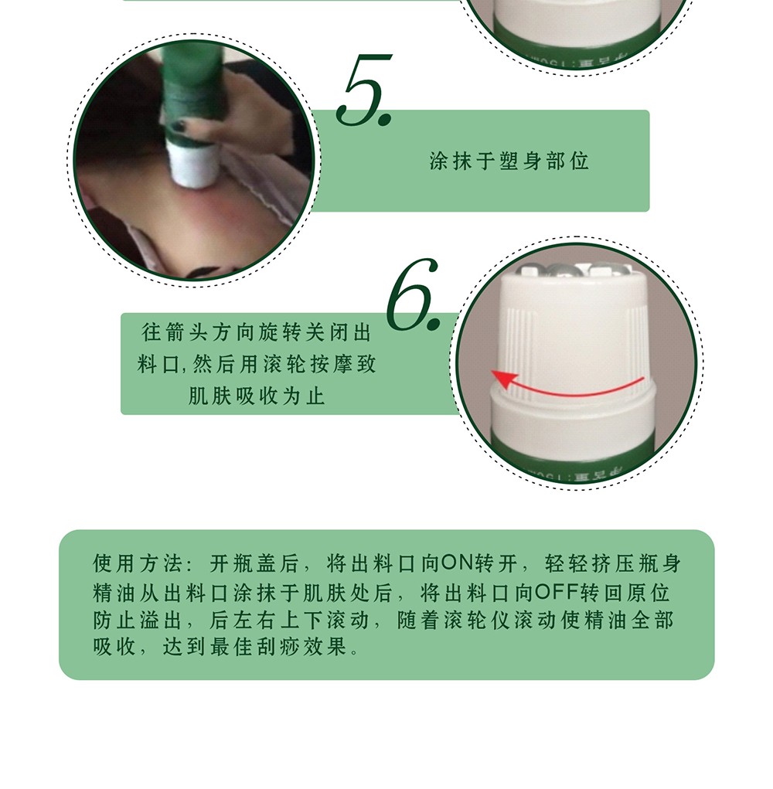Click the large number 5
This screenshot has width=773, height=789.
tap(363, 90)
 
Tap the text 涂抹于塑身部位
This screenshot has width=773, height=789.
tap(509, 161)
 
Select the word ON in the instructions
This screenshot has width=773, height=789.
tap(458, 563)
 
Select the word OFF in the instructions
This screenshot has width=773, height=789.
tap(557, 592)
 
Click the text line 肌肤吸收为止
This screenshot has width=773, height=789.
tap(257, 396)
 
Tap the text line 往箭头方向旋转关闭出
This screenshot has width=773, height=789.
tap(257, 332)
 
